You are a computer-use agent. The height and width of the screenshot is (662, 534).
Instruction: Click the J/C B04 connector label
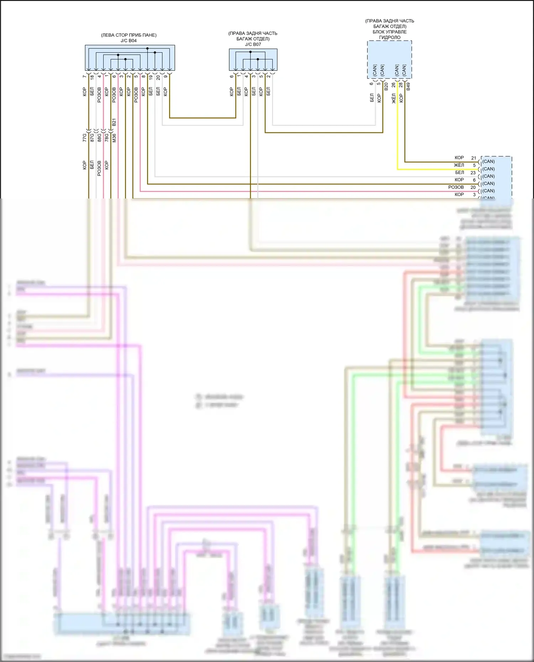(x=129, y=41)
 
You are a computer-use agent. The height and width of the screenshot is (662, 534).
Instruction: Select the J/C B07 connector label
(x=253, y=44)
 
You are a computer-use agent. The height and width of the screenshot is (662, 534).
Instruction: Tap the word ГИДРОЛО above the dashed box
(x=389, y=37)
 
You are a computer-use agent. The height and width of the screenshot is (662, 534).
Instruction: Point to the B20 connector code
(x=386, y=86)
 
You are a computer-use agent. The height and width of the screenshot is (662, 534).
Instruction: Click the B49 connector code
(x=408, y=86)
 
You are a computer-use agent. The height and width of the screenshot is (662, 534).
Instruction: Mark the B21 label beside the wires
(x=114, y=122)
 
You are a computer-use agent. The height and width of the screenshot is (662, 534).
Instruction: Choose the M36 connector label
(x=114, y=138)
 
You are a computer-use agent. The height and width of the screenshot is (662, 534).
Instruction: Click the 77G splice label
(x=84, y=138)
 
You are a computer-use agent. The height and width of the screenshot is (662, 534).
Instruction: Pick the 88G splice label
(x=99, y=138)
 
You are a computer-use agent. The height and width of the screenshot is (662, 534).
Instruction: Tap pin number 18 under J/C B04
(x=92, y=77)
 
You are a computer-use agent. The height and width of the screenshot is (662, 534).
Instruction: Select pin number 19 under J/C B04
(x=151, y=77)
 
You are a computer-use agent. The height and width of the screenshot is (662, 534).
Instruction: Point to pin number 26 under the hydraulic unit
(x=393, y=85)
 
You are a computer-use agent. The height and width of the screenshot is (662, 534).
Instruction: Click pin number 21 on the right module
(x=473, y=158)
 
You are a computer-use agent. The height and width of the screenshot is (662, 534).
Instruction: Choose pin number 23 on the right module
(x=473, y=173)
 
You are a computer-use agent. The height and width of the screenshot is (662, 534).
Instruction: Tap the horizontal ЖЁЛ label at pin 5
(x=459, y=165)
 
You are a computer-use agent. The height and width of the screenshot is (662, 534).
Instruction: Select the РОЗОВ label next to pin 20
(x=456, y=187)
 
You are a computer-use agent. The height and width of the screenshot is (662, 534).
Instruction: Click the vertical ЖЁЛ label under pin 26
(x=394, y=99)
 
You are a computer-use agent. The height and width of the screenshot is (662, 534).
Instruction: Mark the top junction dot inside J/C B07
(x=250, y=52)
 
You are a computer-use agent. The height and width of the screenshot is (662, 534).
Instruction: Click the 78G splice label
(x=106, y=138)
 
